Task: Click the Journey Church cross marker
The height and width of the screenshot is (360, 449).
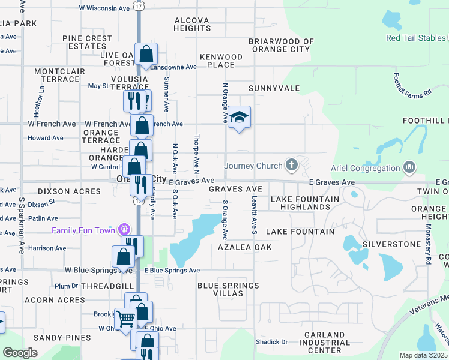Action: click(292, 165)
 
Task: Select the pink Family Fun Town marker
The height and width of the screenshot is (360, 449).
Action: click(124, 230)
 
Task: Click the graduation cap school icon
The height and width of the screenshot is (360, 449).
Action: click(239, 117)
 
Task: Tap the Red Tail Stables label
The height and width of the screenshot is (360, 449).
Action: click(417, 38)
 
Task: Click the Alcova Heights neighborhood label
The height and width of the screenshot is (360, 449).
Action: click(192, 24)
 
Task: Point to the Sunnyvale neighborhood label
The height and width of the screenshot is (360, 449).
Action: click(274, 88)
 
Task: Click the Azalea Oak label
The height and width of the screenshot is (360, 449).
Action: click(244, 247)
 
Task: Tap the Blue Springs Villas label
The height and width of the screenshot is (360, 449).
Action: click(229, 289)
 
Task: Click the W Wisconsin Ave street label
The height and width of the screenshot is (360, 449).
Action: click(105, 8)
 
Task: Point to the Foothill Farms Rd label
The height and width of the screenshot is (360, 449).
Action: click(412, 85)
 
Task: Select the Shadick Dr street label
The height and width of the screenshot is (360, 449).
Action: click(272, 342)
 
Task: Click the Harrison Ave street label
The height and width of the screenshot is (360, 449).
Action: click(47, 248)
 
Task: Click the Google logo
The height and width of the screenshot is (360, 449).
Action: click(20, 353)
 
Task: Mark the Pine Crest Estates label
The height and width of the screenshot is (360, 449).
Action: click(87, 42)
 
